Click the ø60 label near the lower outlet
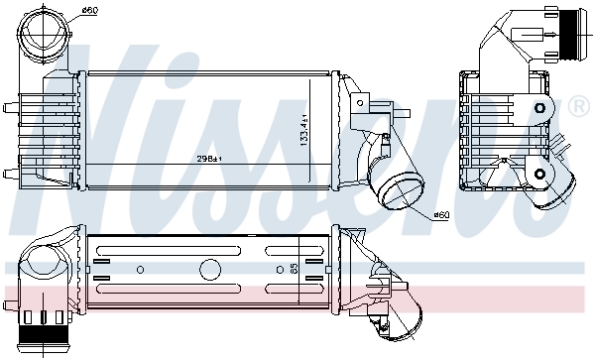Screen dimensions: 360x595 click(442, 215)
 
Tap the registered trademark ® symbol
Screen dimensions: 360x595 click(577, 104)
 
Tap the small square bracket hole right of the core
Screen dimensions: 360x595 click(359, 102)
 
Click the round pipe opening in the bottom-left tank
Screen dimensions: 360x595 click(45, 265)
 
